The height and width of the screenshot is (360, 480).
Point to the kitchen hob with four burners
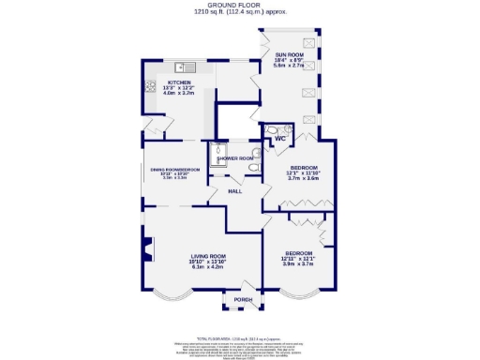coord(150,87)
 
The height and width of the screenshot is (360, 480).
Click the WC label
coord(279,139)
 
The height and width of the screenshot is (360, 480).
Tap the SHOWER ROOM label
coord(235,158)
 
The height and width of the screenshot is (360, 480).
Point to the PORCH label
coord(243,300)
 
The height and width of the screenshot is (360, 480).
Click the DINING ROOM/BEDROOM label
coord(176,169)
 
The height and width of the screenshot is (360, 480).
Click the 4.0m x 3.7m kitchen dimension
coord(178,94)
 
